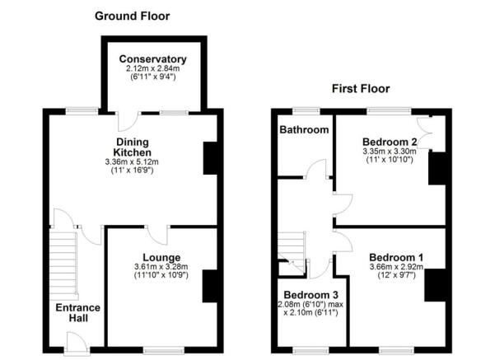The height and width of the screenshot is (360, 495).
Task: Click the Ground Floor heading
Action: tap(133, 16)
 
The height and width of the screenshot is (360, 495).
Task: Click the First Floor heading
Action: tap(360, 88)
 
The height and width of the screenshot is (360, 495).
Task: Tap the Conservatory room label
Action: tap(152, 59)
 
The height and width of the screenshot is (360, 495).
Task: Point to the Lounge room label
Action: tap(161, 257)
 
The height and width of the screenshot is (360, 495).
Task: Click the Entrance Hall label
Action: tap(77, 314)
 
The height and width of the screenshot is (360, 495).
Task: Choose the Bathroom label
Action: tap(304, 129)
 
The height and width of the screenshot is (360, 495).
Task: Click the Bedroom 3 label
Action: tap(311, 295)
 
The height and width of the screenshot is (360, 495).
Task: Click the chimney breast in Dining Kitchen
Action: tap(210, 158)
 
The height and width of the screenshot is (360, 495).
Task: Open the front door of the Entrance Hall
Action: tap(75, 339)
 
